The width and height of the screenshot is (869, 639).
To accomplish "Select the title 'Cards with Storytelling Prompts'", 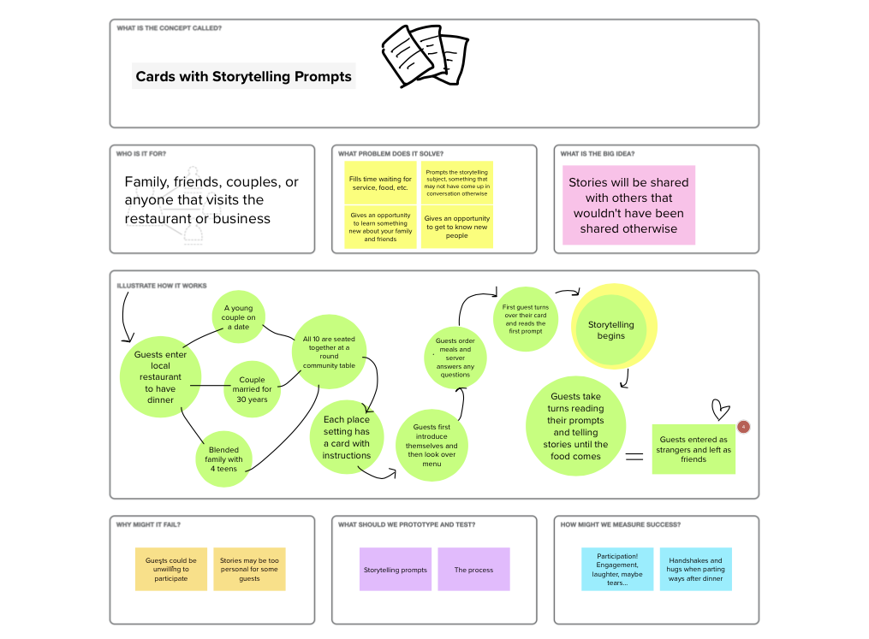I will (244, 77).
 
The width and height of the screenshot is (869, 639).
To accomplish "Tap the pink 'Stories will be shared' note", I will (628, 205).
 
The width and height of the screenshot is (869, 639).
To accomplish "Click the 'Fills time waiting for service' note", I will (380, 183).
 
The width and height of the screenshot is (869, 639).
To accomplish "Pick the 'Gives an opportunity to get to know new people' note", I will (457, 227).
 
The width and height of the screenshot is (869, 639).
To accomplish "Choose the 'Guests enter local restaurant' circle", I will (160, 376).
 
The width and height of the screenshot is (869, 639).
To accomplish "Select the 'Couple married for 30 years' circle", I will (252, 388).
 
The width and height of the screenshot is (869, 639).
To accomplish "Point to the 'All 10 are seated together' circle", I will (330, 351).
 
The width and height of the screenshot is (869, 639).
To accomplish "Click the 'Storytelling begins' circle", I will (611, 330).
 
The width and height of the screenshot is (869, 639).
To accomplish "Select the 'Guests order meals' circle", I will (455, 358).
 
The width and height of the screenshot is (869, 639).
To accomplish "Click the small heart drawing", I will (721, 410).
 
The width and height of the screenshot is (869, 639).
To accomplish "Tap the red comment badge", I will (744, 426).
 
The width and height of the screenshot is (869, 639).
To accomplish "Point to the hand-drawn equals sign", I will (634, 457).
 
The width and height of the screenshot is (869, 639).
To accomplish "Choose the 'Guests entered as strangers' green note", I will (693, 449).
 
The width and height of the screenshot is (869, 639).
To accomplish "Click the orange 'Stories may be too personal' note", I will (248, 569).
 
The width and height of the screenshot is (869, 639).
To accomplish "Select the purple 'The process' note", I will (473, 569).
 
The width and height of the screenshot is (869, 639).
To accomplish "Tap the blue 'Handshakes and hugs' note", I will (695, 569).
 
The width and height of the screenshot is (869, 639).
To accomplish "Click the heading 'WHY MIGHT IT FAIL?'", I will (148, 524).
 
